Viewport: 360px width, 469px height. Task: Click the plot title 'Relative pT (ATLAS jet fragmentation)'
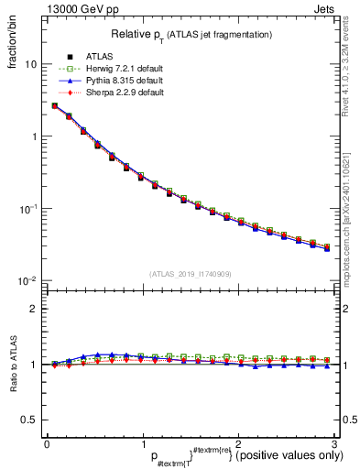[x=191, y=34]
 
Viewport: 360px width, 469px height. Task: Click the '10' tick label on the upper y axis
[x=30, y=65]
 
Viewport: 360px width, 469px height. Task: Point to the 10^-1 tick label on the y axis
[x=28, y=208]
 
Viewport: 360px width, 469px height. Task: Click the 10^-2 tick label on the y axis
[x=28, y=280]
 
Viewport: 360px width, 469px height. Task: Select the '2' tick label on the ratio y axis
[x=33, y=309]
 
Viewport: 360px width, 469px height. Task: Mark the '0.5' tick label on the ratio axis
[x=29, y=420]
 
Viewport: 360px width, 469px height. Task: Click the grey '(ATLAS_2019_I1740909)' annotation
[x=190, y=274]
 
